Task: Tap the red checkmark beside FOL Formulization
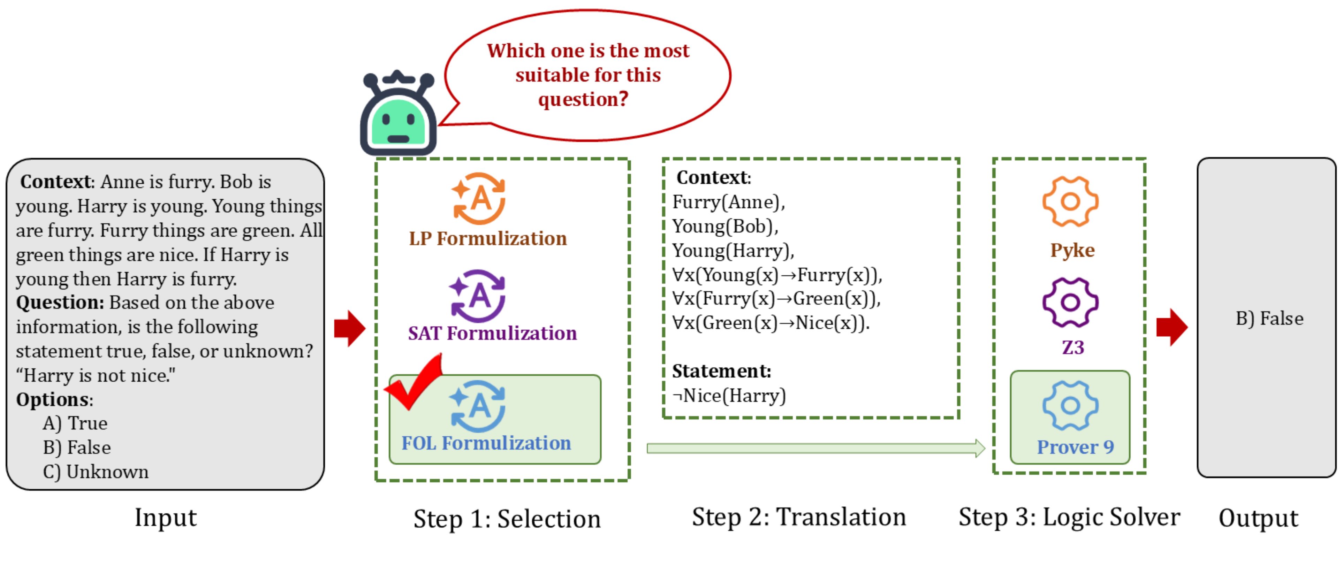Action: tap(413, 382)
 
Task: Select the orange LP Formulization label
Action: tap(487, 239)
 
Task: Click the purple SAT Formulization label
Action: tap(492, 334)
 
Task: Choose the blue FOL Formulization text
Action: tap(486, 443)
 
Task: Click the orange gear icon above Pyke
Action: tap(1070, 201)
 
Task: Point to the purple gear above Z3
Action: tap(1070, 302)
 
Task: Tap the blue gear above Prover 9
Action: tap(1070, 405)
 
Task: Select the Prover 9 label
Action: tap(1075, 447)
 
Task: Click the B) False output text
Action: tap(1269, 319)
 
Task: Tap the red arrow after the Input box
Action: tap(350, 328)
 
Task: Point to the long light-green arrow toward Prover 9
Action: tap(816, 448)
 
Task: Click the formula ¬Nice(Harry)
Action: tap(729, 396)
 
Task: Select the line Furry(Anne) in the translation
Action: tap(728, 202)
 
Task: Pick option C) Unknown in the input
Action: tap(96, 472)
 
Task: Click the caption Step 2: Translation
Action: tap(799, 518)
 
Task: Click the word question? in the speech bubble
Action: tap(583, 99)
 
